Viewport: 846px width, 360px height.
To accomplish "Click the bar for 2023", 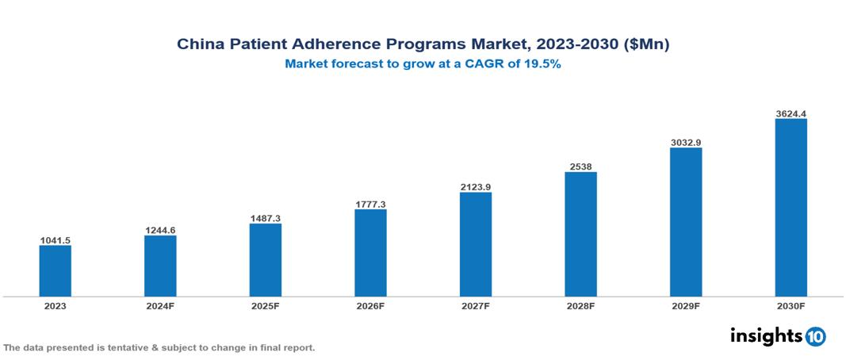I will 56,270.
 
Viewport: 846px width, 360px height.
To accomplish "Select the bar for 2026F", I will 370,253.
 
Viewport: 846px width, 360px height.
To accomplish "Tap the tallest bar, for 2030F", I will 790,208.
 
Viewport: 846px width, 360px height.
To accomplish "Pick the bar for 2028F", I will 580,234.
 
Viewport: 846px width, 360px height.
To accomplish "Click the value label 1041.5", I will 56,239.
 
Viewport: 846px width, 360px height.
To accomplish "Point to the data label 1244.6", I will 160,230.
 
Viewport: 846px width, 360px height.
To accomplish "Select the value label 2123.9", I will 475,186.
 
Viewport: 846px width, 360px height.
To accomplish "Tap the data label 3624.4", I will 790,113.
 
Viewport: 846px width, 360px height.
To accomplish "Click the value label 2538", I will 580,167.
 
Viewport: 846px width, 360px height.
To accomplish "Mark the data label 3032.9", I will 686,142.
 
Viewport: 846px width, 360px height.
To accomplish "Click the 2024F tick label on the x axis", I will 160,305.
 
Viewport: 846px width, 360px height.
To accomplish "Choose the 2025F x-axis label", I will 265,305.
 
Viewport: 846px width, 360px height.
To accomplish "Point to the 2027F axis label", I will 475,305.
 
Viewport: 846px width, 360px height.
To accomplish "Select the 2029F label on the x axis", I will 686,305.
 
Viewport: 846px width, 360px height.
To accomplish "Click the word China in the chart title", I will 199,45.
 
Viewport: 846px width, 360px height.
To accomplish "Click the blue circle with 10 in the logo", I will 815,336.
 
